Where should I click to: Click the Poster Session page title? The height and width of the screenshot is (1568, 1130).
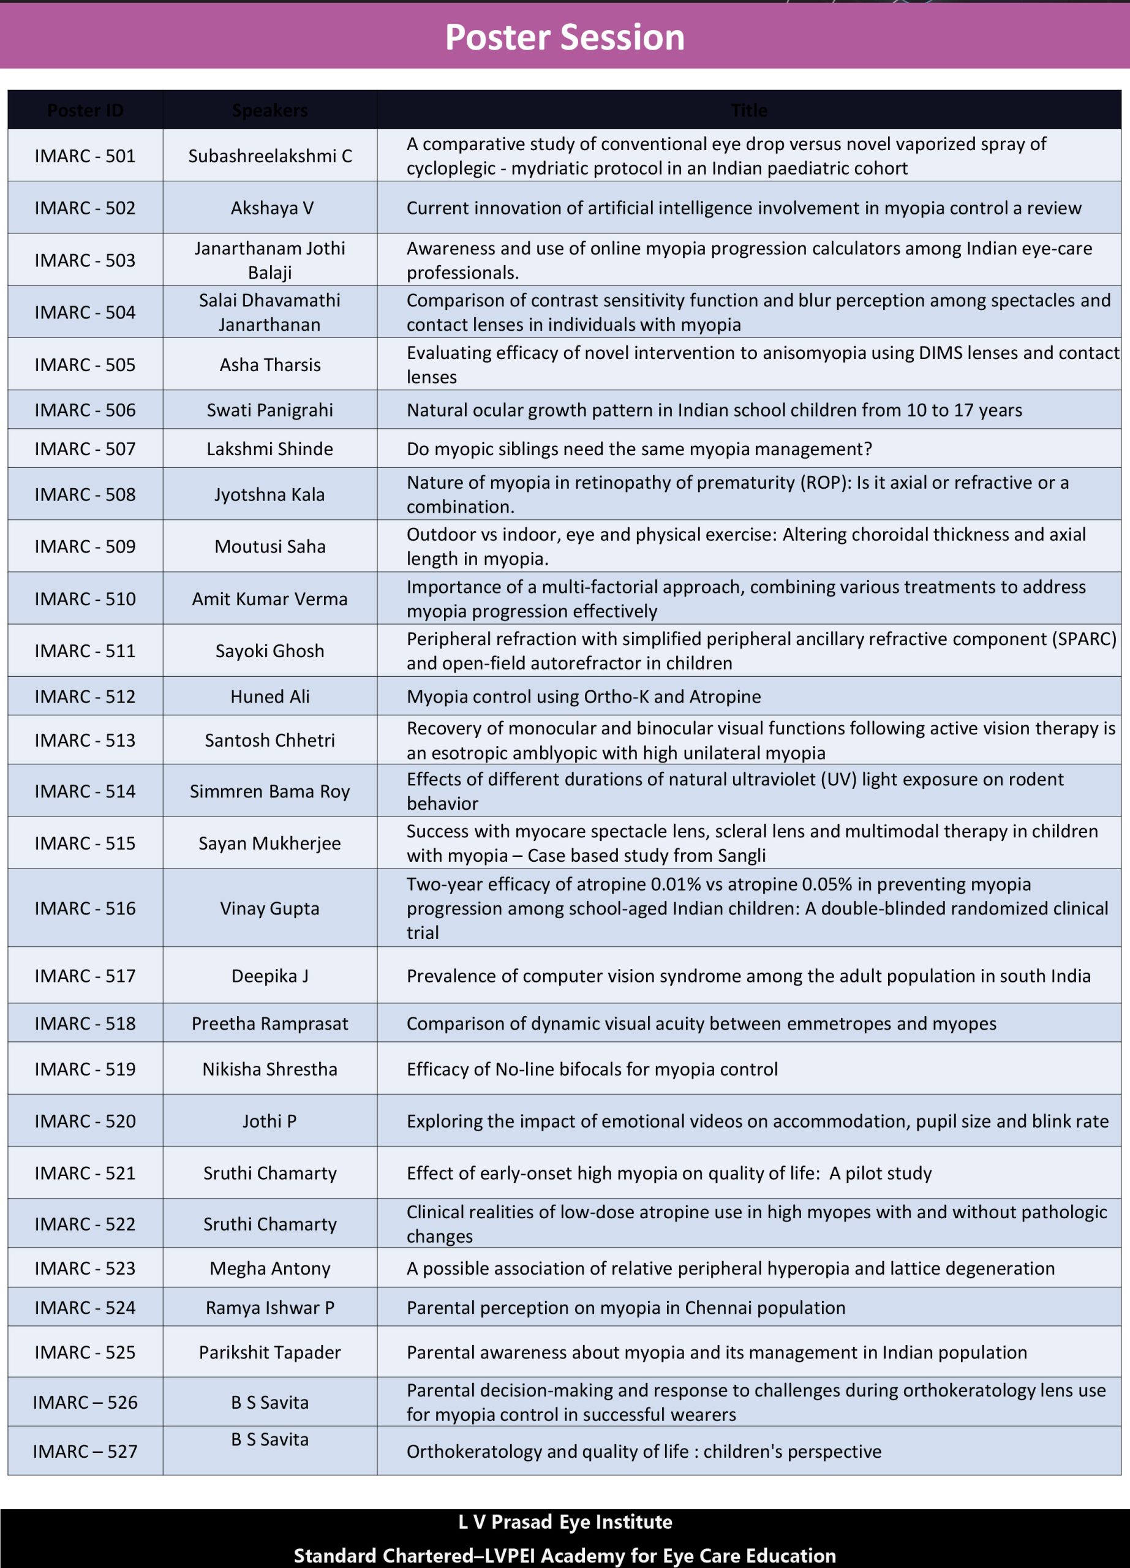pyautogui.click(x=565, y=37)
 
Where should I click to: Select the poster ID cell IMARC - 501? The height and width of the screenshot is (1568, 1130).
pyautogui.click(x=85, y=156)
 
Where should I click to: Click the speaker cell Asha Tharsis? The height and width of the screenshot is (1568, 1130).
pyautogui.click(x=269, y=365)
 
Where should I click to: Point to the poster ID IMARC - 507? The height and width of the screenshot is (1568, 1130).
pyautogui.click(x=85, y=450)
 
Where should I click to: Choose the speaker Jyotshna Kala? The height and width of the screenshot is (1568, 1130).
pyautogui.click(x=269, y=495)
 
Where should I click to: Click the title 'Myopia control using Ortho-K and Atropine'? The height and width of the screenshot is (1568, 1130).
pyautogui.click(x=583, y=697)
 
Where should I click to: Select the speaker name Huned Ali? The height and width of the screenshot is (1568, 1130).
pyautogui.click(x=269, y=697)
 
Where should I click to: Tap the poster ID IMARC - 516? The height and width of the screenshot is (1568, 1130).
pyautogui.click(x=85, y=908)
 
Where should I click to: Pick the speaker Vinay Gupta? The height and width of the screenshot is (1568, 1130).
pyautogui.click(x=269, y=908)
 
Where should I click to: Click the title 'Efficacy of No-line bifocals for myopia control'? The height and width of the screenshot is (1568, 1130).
pyautogui.click(x=592, y=1069)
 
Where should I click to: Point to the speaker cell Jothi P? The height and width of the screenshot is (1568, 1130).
pyautogui.click(x=269, y=1121)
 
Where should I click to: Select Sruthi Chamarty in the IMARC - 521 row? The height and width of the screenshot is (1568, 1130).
pyautogui.click(x=269, y=1173)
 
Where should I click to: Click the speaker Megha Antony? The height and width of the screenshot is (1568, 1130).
pyautogui.click(x=269, y=1268)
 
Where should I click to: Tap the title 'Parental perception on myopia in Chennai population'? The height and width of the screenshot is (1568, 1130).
pyautogui.click(x=625, y=1308)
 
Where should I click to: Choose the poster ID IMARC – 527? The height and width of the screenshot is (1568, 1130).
pyautogui.click(x=85, y=1451)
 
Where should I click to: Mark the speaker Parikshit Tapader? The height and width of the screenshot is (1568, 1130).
pyautogui.click(x=269, y=1352)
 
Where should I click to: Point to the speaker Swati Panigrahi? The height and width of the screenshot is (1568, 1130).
pyautogui.click(x=269, y=410)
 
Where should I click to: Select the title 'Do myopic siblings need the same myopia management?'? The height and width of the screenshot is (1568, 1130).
pyautogui.click(x=639, y=450)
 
